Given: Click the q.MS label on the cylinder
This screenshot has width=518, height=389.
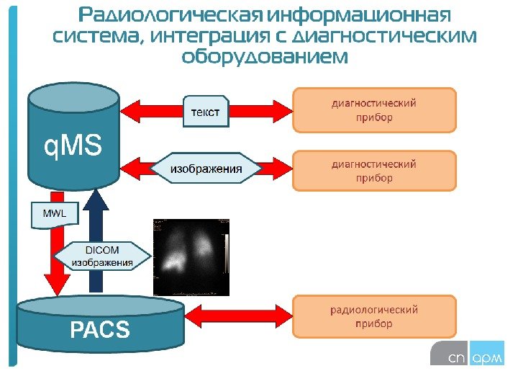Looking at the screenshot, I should point(73,148).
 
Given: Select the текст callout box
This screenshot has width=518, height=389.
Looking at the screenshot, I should point(204,112).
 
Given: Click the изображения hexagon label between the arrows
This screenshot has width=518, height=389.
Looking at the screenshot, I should point(206,169).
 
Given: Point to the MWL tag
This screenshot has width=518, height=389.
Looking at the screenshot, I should point(50,214).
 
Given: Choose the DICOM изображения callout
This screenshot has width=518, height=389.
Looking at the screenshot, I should point(104,257).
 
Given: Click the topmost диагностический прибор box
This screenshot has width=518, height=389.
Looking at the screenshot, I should point(374,110).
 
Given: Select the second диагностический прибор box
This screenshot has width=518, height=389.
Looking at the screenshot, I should point(374,171).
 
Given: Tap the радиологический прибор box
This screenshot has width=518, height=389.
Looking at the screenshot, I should point(374,317).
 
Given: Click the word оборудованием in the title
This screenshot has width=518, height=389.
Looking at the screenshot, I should point(264,56).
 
